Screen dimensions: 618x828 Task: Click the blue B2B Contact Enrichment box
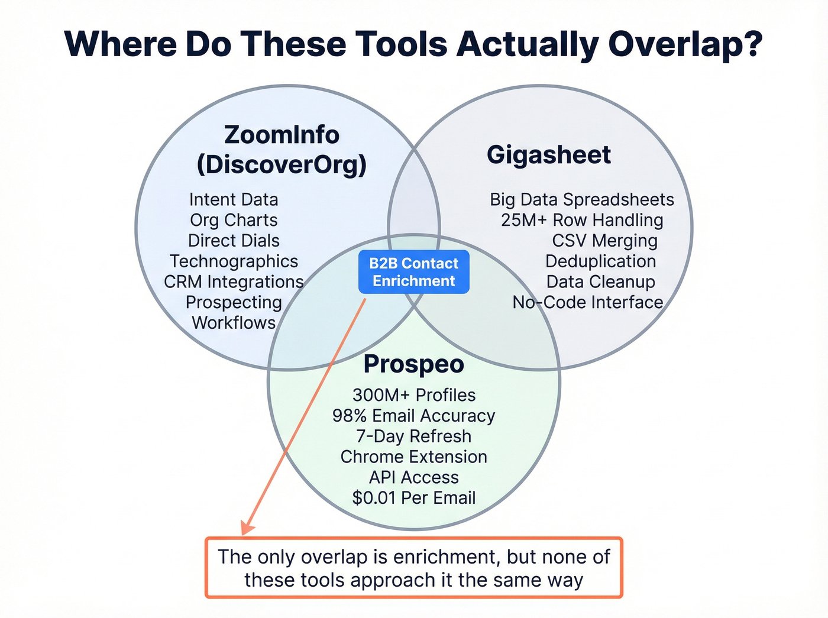pos(413,272)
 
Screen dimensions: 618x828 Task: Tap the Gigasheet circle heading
pos(548,155)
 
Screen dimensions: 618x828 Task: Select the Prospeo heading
pos(413,364)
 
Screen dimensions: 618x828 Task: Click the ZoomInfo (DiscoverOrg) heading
pos(282,150)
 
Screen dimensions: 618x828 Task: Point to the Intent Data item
pos(234,200)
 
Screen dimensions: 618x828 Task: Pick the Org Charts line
pos(234,221)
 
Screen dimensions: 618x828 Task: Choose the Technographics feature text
pos(234,261)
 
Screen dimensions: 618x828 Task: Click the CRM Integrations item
pos(234,282)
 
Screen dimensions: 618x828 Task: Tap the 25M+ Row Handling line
pos(582,221)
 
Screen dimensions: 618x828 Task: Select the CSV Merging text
pos(604,241)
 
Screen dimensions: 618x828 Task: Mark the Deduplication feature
pos(600,261)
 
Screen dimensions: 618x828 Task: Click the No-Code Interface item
pos(588,303)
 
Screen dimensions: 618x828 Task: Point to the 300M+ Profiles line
pos(413,395)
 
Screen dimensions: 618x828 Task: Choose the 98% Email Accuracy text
pos(413,416)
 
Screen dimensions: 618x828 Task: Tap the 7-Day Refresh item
pos(413,436)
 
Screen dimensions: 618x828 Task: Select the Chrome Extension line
pos(413,457)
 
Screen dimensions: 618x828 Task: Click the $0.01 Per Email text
pos(413,498)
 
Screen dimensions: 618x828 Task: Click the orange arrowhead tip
pos(244,532)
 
